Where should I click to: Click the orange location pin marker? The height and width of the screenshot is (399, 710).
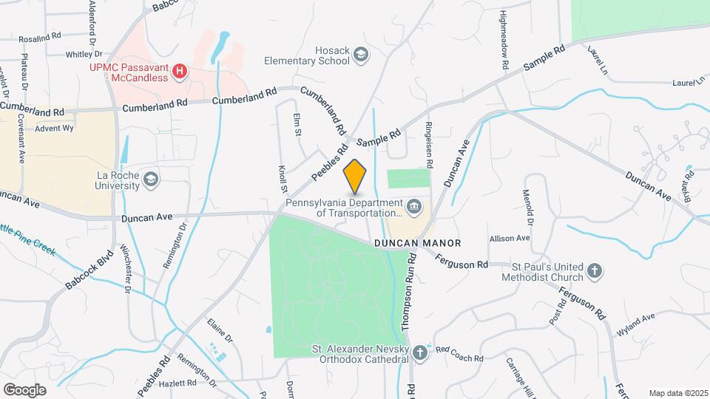[355, 175]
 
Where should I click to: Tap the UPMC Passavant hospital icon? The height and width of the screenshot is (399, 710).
[179, 72]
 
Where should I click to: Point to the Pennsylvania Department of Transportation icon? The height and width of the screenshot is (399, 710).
[413, 205]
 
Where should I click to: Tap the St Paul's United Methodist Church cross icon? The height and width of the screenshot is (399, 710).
[595, 271]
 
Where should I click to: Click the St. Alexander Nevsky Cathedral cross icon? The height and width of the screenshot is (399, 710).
[420, 352]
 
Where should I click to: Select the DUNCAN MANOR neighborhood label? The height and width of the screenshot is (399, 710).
[417, 243]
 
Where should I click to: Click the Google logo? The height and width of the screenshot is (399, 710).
[24, 389]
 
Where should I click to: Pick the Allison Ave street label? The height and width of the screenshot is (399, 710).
[509, 238]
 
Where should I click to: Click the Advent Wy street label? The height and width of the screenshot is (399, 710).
[55, 128]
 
